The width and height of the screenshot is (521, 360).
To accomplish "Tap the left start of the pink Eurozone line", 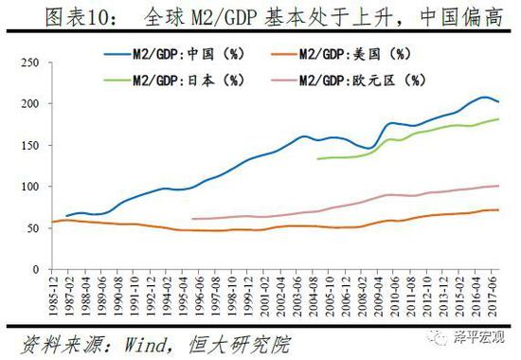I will (x=192, y=219).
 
